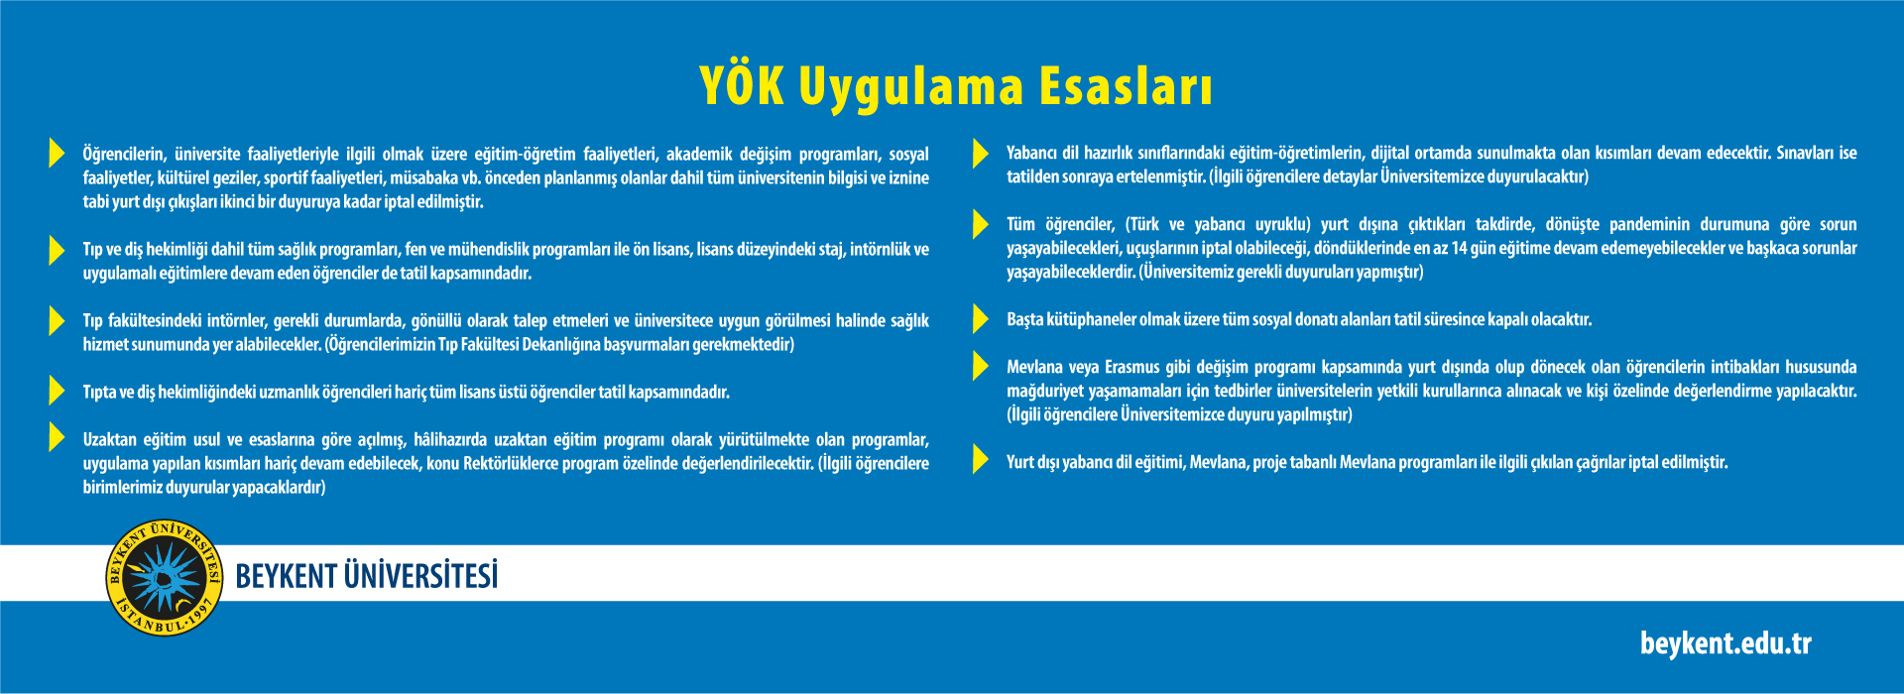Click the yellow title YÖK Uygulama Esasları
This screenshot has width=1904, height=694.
956,86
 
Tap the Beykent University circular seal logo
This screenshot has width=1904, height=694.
164,577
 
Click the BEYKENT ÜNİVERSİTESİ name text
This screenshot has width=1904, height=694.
367,576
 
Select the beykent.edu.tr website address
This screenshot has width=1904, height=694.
1725,643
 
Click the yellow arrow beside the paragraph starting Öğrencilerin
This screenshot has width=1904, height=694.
57,153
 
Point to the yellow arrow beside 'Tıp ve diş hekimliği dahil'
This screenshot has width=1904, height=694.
57,249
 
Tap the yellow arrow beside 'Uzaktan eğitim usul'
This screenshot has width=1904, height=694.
57,437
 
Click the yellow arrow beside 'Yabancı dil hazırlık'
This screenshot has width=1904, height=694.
981,153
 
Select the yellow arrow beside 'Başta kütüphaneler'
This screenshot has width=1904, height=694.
981,318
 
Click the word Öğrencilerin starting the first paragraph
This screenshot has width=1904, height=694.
124,155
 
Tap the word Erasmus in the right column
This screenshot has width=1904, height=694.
1131,367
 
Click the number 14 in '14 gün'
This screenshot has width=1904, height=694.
1459,248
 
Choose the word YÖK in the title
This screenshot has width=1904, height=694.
742,85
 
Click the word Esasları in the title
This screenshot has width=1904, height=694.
1126,86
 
